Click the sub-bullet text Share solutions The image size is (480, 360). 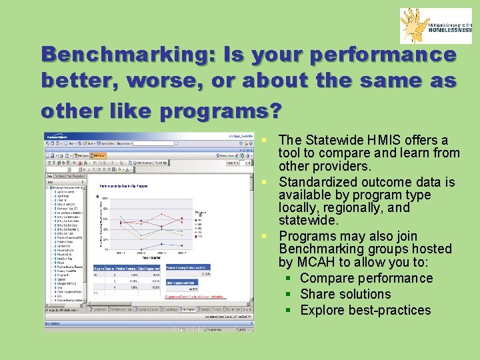coord(345,294)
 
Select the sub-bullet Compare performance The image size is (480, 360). coord(366,278)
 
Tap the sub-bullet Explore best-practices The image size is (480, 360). coord(365,310)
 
